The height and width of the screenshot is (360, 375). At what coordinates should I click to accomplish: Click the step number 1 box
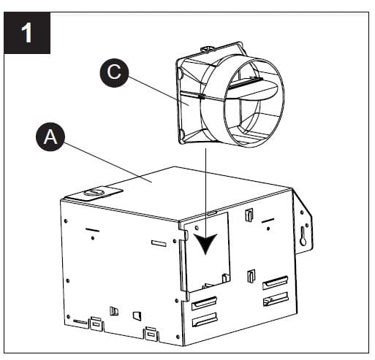28,34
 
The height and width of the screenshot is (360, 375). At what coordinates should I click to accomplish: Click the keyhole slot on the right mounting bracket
303,235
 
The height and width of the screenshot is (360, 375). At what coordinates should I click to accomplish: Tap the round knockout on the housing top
94,194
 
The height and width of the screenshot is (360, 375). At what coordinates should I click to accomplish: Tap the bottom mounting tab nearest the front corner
151,333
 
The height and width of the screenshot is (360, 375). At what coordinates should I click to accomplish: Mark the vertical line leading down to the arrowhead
206,190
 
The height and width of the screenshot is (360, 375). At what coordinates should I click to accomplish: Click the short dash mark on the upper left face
91,230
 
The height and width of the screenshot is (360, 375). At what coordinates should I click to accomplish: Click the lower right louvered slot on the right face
275,298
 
